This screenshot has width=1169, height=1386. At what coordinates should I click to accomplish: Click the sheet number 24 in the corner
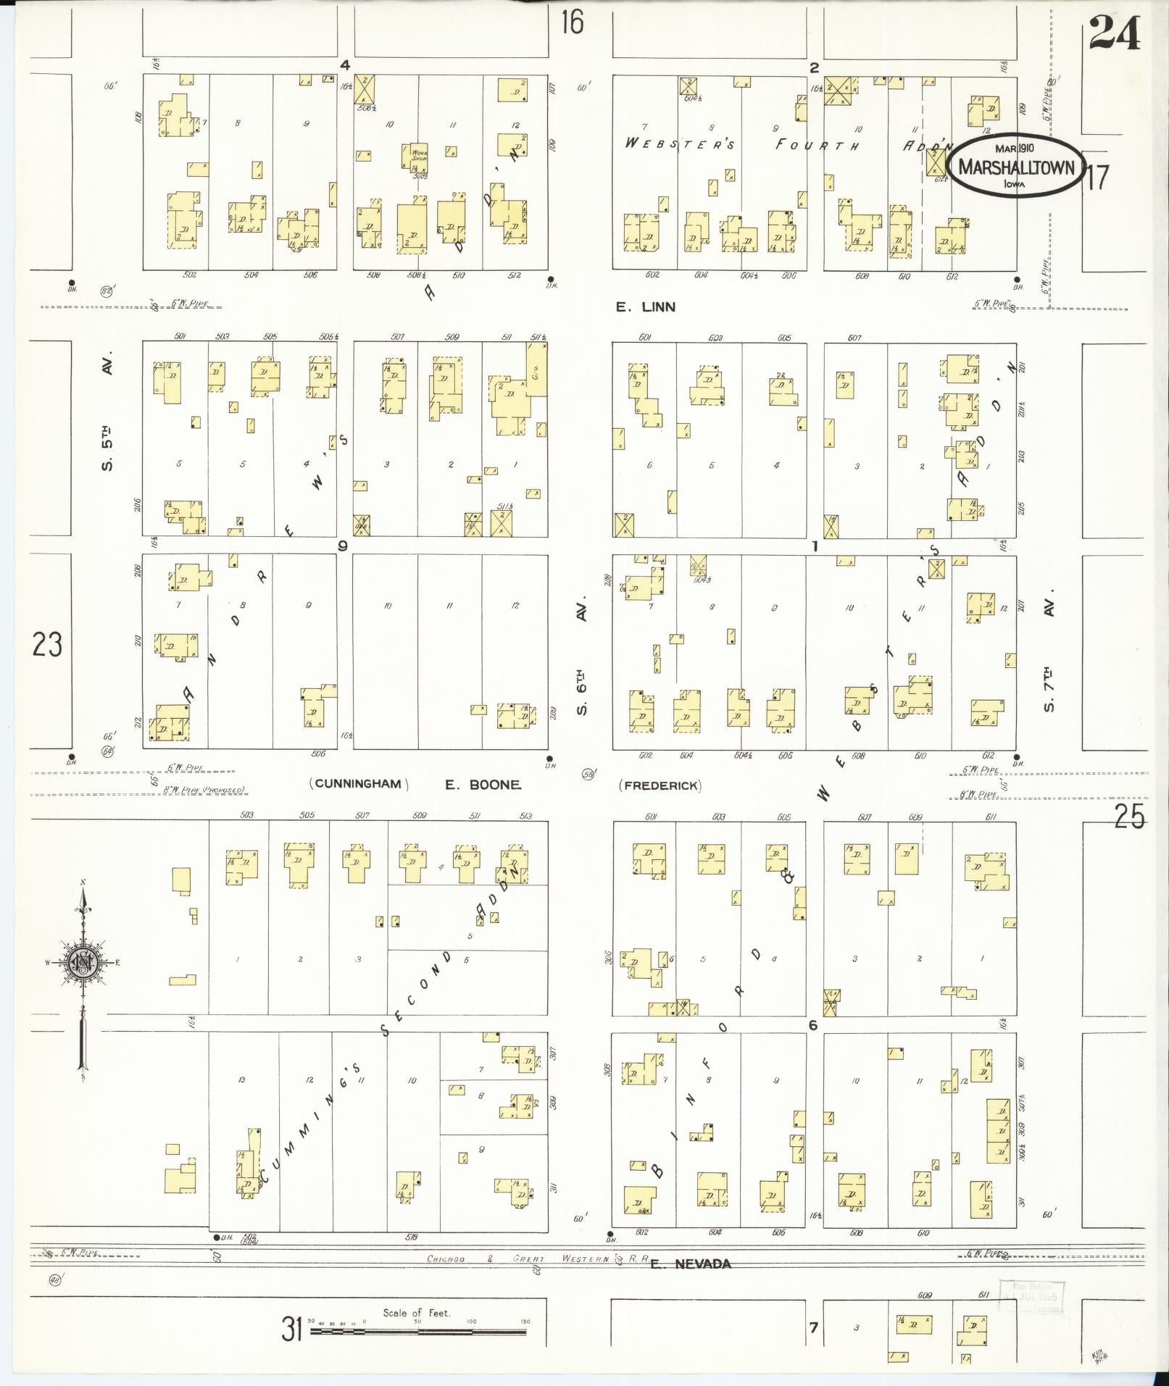point(1115,34)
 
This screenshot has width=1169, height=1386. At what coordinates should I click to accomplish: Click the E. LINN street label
point(645,307)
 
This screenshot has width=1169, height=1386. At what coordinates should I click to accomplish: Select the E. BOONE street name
point(483,784)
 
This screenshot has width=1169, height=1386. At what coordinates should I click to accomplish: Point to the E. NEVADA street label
point(691,1264)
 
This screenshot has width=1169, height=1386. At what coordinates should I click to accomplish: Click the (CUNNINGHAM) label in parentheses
point(359,784)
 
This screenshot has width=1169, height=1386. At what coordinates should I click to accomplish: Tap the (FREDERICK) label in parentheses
point(660,785)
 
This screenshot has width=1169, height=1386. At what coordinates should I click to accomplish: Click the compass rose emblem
point(83,961)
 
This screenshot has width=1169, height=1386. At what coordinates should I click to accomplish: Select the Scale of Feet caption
point(417,1312)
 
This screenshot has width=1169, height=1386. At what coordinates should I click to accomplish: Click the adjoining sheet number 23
point(47,644)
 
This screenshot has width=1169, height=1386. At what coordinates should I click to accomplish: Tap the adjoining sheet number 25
point(1130,817)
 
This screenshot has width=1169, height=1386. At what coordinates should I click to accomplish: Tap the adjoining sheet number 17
point(1097,177)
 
